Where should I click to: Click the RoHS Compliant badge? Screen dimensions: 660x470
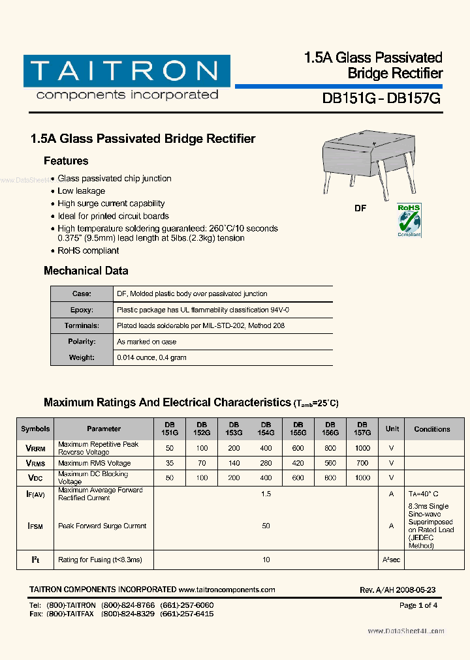409,220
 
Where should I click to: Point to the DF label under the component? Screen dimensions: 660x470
360,208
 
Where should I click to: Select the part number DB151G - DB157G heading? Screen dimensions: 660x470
382,98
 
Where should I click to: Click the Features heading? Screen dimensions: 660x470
66,161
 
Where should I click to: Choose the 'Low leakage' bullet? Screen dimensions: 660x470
81,191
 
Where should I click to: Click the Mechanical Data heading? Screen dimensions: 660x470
86,271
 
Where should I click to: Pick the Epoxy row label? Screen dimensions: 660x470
82,310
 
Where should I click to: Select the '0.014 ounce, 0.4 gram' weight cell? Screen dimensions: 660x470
151,357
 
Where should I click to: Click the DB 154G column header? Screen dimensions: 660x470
266,428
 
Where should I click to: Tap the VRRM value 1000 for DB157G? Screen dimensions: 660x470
362,448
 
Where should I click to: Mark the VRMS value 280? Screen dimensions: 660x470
266,463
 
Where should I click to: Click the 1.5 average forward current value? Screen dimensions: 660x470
266,494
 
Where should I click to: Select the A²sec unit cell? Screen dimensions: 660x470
392,560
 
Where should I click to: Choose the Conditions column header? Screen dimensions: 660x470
431,429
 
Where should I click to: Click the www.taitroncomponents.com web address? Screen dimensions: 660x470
227,590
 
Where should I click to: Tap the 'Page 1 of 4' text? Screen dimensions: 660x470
418,605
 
